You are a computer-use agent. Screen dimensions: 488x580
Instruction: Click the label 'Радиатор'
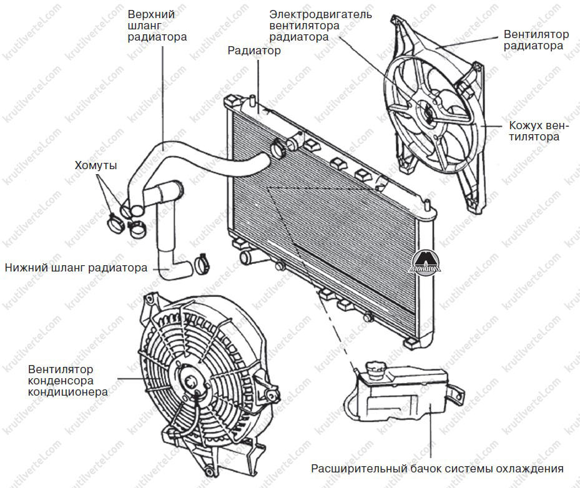pos(254,51)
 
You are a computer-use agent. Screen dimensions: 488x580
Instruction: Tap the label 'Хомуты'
pos(96,165)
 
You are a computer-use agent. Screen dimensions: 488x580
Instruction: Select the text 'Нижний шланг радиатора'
pos(76,268)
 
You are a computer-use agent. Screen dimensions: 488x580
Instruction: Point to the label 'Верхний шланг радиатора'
pos(157,25)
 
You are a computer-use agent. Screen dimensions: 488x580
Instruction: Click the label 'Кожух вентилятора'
pos(538,131)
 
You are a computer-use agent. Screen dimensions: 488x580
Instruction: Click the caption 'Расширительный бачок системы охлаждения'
pos(437,469)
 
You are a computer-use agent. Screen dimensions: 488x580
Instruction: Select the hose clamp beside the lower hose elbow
pos(202,263)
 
